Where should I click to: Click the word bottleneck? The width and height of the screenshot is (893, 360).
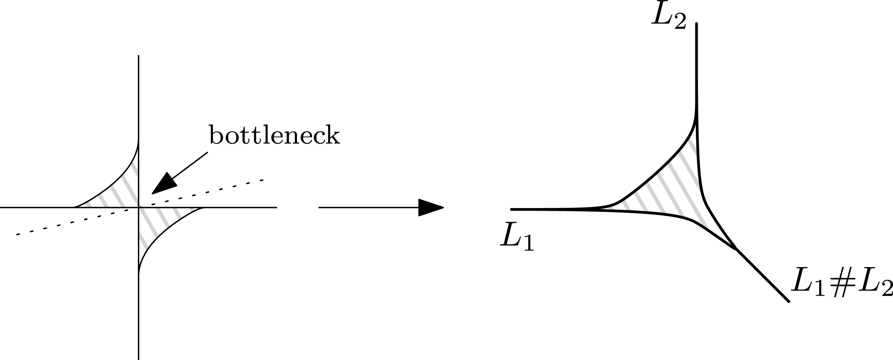tap(274, 135)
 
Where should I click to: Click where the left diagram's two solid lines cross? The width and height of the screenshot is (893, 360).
tap(139, 207)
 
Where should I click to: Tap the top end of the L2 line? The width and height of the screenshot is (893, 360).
tap(697, 24)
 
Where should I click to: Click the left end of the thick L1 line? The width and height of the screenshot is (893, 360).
tap(511, 209)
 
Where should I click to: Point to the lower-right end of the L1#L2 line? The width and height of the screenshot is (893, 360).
tap(789, 302)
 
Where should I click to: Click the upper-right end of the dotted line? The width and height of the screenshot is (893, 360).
tap(263, 180)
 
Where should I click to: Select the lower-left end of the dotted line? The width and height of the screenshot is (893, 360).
tap(17, 235)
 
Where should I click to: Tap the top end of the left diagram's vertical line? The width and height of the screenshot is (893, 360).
tap(139, 55)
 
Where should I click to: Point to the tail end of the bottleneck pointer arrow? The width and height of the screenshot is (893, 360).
tap(207, 152)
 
